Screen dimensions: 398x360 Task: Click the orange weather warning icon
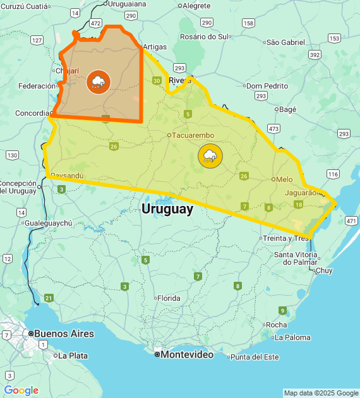pos(98,81)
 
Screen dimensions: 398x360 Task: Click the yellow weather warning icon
pos(210,155)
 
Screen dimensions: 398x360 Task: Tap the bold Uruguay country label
pos(167,209)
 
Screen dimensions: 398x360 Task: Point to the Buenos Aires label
pos(63,334)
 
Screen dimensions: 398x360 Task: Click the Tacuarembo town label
pos(193,135)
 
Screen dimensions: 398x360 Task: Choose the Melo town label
pos(284,179)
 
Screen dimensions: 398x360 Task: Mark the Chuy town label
pos(324,270)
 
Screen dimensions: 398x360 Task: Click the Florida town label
pos(169,298)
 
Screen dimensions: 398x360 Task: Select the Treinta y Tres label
pos(285,238)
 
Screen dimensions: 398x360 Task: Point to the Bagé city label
pos(287,109)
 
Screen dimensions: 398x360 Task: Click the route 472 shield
pos(95,23)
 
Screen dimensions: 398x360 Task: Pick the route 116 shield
pos(333,174)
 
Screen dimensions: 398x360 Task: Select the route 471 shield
pos(351,220)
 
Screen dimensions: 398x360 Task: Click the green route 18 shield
pos(298,204)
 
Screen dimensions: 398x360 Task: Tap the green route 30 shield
pos(157,80)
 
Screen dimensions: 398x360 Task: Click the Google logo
pos(21,390)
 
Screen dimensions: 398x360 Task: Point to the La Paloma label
pos(292,337)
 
